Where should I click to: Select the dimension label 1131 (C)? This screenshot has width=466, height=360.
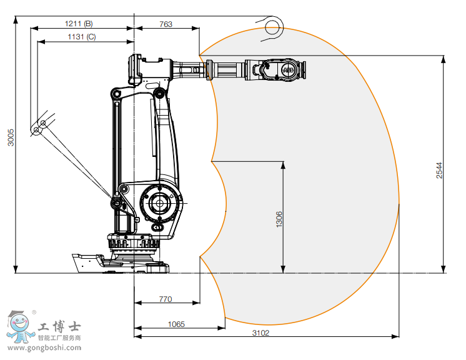coord(82,37)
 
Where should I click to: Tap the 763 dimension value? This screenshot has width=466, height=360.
coord(166,24)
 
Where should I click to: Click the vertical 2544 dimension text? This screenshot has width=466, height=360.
coord(439,171)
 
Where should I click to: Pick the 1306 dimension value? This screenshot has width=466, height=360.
coord(279,219)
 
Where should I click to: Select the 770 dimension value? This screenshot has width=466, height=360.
coord(165,299)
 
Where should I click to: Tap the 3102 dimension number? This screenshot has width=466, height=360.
coord(261,332)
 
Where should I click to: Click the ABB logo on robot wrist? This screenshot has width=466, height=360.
coord(289,72)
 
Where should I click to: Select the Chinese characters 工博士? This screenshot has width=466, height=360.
coord(59,327)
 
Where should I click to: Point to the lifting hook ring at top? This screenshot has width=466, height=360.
coord(272,27)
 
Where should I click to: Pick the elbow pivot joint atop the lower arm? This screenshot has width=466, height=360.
coord(160,94)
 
